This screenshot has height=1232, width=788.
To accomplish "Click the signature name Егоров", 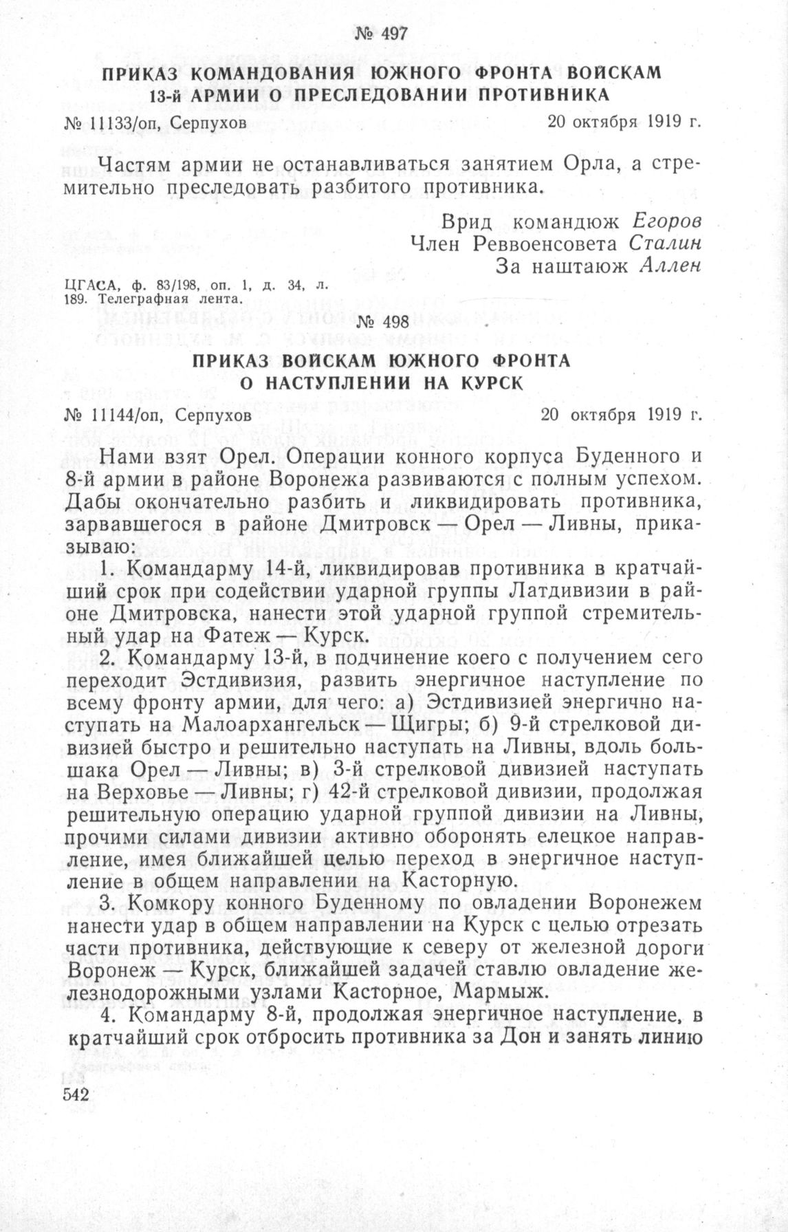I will [x=666, y=223].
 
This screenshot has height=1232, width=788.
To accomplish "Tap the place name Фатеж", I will [x=237, y=637].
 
